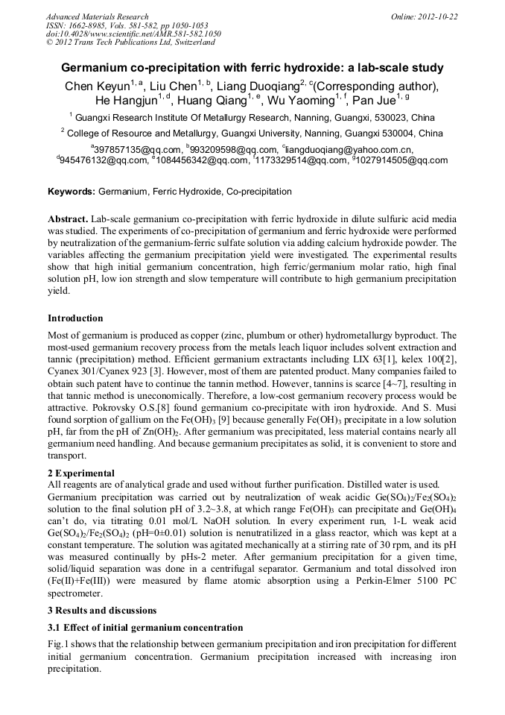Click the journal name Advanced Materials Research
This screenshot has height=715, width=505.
click(97, 16)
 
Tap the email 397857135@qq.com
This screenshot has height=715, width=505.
click(134, 149)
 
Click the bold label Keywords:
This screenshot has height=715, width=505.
click(72, 192)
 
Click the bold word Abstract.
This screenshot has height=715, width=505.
click(68, 221)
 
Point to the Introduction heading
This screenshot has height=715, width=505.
click(75, 318)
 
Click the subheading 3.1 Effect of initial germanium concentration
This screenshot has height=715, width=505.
click(145, 628)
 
